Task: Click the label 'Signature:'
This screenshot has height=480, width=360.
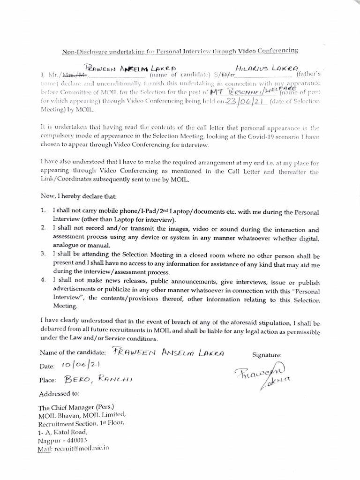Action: pos(267,356)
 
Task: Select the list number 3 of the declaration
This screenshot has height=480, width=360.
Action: pos(43,254)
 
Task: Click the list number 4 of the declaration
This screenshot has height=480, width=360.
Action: pos(43,280)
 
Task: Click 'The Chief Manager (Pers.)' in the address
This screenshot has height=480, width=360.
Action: pos(76,407)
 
